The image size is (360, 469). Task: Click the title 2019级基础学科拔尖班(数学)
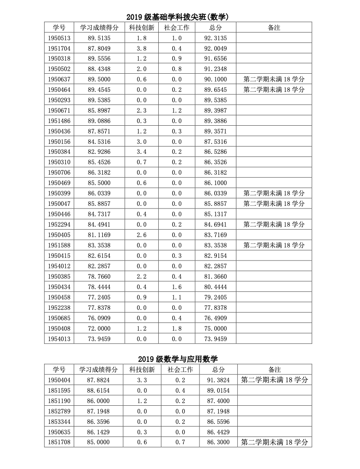tap(178, 17)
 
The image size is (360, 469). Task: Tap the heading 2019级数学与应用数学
tap(178, 359)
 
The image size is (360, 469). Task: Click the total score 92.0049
tap(216, 49)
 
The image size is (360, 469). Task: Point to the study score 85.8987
tap(99, 111)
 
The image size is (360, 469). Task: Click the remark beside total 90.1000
tap(274, 79)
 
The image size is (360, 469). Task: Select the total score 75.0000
tap(216, 329)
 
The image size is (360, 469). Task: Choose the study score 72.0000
tap(99, 329)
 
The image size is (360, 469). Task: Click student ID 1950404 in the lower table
tap(59, 380)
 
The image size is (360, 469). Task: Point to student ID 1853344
tap(59, 421)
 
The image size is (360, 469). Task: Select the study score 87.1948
tap(98, 411)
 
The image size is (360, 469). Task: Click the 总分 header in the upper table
tap(216, 28)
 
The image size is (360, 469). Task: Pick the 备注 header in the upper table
tap(274, 28)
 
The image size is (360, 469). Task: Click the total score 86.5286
tap(216, 152)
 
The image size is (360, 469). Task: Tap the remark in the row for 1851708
tap(275, 442)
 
